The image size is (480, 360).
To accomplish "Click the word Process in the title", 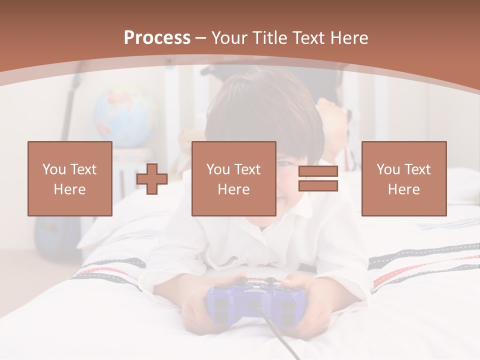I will click(x=157, y=38).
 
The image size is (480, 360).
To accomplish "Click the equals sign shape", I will click(x=318, y=179).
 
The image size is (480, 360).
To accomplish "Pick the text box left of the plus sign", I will click(x=70, y=178).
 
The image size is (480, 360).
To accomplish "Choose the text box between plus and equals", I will click(x=233, y=178).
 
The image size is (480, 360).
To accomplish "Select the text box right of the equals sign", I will click(x=403, y=178).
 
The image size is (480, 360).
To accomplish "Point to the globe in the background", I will click(x=125, y=115).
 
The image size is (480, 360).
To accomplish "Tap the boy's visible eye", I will click(x=283, y=163).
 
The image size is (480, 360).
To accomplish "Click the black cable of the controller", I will click(x=280, y=335).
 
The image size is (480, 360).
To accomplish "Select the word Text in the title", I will click(x=306, y=38).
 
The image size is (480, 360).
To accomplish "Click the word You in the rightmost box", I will click(x=388, y=169).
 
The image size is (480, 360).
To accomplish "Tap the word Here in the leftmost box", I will click(x=70, y=189).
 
